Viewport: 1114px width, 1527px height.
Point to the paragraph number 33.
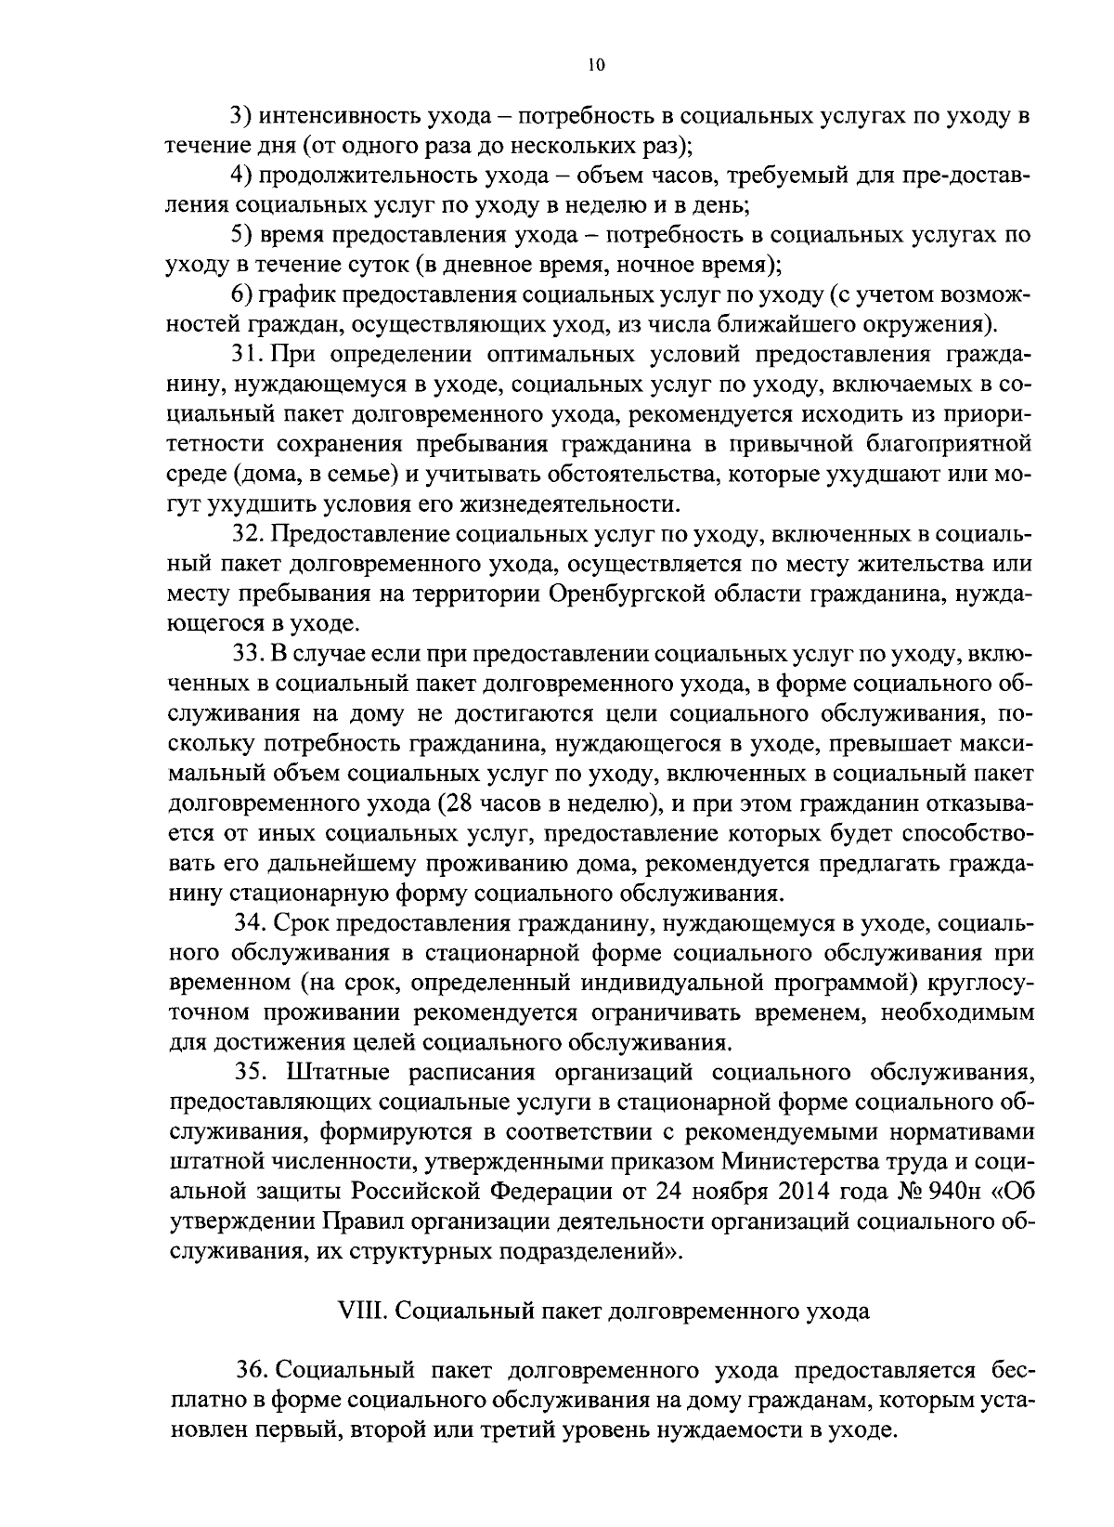tap(249, 654)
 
